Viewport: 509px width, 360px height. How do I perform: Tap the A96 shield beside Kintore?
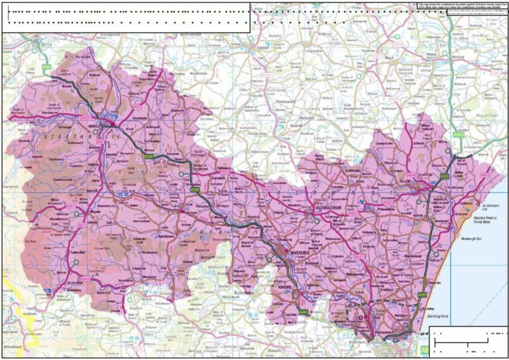(303, 311)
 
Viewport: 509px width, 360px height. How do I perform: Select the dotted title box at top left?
(126, 17)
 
